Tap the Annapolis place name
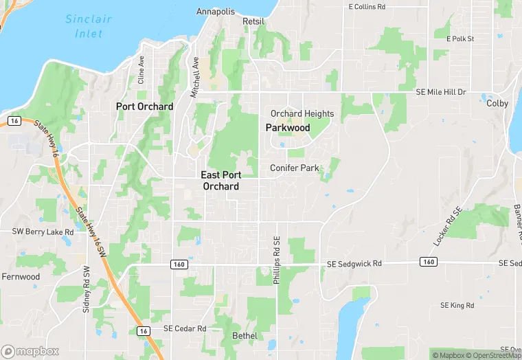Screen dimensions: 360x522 click(x=215, y=12)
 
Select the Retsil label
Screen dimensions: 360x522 click(x=253, y=21)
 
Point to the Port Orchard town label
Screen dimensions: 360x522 click(x=144, y=106)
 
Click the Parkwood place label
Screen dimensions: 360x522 click(x=288, y=128)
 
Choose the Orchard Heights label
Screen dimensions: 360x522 click(x=302, y=114)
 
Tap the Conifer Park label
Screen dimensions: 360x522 click(x=295, y=168)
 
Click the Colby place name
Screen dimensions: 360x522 click(x=497, y=104)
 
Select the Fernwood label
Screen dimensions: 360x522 click(x=21, y=277)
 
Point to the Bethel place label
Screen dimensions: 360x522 click(x=245, y=336)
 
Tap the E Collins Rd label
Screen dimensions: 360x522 click(x=372, y=7)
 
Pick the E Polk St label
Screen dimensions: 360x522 click(x=460, y=39)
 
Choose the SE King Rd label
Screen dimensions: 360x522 click(x=457, y=305)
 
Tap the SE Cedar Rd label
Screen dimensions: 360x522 click(x=185, y=328)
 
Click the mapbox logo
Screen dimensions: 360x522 click(x=30, y=350)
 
